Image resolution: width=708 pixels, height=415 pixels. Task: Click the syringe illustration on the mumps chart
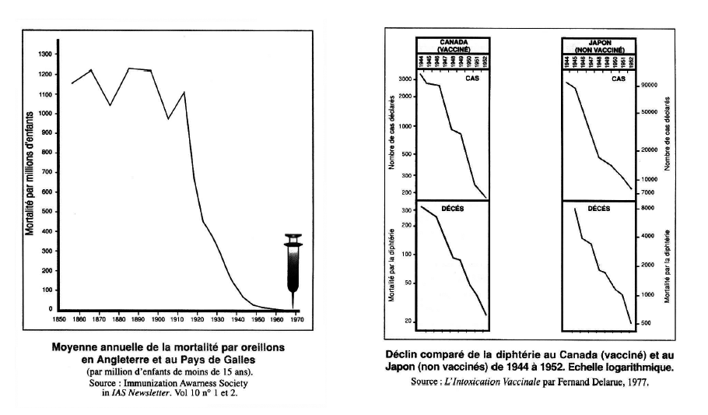(293, 269)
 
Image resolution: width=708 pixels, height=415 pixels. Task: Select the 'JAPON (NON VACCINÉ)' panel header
(598, 44)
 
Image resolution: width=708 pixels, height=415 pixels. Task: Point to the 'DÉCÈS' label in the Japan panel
(598, 209)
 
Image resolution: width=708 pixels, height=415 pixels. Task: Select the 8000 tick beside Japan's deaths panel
(647, 209)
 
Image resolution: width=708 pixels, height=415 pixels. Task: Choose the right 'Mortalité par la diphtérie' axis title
(668, 265)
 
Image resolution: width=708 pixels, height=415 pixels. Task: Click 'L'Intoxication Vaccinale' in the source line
(502, 382)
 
